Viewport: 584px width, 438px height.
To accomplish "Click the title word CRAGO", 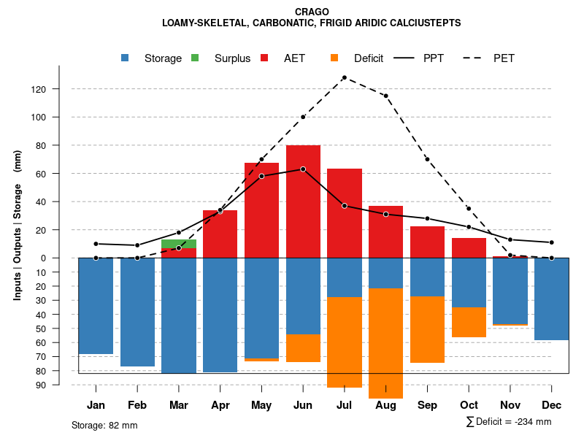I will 312,12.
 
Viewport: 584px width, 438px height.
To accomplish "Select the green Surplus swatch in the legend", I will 195,58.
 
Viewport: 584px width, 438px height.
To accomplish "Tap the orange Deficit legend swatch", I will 334,58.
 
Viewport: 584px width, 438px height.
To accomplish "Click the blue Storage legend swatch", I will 126,58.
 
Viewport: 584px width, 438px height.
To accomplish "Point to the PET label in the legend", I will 504,58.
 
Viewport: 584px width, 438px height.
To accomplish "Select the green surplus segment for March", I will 179,244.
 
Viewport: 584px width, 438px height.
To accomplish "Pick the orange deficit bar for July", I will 345,342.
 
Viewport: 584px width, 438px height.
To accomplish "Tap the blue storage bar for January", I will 96,306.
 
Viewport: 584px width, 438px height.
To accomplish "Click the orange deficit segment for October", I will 469,322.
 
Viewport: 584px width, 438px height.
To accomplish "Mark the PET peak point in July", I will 344,77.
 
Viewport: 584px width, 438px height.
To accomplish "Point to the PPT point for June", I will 303,169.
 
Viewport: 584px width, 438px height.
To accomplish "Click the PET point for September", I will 427,159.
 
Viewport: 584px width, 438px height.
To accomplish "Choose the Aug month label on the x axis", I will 385,405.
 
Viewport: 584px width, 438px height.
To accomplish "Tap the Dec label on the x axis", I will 552,405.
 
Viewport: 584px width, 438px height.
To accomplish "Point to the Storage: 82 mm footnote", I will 104,425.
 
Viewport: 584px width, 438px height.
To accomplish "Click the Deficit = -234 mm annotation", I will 508,422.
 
